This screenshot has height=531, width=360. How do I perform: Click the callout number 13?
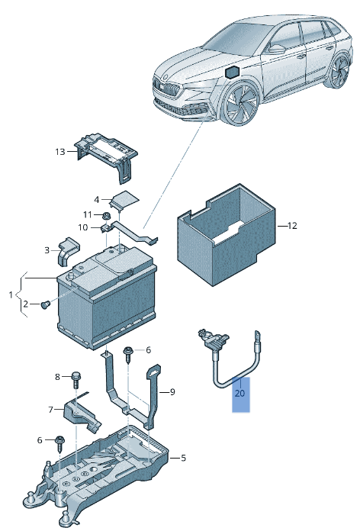click(61, 152)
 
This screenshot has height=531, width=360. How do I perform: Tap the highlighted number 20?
click(240, 394)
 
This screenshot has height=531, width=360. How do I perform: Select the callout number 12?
click(291, 226)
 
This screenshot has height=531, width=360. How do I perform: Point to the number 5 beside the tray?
click(183, 459)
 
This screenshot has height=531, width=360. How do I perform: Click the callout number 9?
click(172, 392)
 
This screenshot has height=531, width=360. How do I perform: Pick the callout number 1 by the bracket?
click(11, 294)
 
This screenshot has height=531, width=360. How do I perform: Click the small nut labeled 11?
click(108, 216)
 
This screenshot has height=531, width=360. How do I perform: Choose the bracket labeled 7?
click(79, 413)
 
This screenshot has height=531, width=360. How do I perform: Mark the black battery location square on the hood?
click(232, 72)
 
